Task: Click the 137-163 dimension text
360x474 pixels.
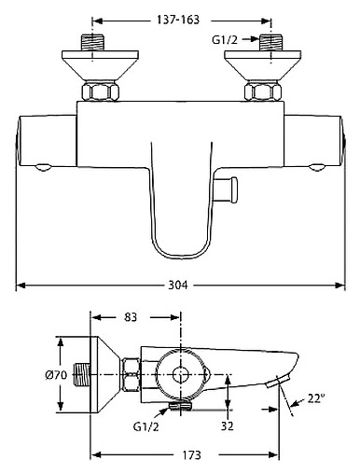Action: tap(177, 20)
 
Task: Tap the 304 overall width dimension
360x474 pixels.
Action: tap(178, 285)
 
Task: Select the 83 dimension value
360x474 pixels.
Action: tap(131, 317)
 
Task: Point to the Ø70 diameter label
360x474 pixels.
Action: tap(56, 375)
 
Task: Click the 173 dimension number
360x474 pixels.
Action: tap(191, 455)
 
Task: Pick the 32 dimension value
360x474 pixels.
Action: tap(227, 425)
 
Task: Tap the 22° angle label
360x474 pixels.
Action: tap(316, 397)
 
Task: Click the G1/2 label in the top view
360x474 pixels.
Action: tap(225, 39)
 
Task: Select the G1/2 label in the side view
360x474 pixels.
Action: tap(145, 426)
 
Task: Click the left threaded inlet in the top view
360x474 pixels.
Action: tap(92, 43)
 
